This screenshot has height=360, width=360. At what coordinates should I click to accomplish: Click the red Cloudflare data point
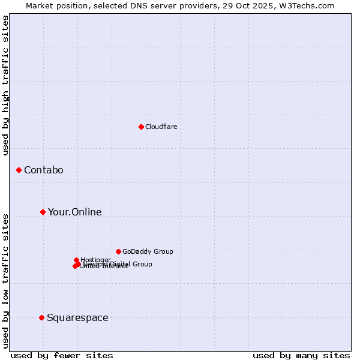(x=141, y=127)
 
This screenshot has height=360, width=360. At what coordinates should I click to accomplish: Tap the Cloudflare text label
(x=161, y=127)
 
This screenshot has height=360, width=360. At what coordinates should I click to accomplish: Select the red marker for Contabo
(x=19, y=170)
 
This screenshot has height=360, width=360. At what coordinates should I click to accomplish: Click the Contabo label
(x=44, y=170)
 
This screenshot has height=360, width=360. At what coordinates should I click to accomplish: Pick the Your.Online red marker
(x=43, y=212)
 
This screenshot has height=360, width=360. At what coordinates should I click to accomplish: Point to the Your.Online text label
(x=75, y=212)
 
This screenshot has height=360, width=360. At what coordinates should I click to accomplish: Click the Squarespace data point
(x=41, y=317)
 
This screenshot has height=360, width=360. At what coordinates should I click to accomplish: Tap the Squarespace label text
(x=77, y=318)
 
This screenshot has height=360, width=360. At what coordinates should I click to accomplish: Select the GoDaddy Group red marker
(x=118, y=251)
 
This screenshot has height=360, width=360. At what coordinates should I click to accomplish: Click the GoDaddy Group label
(x=148, y=251)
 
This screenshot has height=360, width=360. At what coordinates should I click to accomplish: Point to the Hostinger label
(x=95, y=260)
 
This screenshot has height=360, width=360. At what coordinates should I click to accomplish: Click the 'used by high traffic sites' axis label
(x=6, y=85)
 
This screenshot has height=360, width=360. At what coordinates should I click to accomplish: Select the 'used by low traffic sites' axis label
(x=6, y=281)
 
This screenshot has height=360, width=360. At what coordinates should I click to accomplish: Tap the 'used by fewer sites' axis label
(x=62, y=355)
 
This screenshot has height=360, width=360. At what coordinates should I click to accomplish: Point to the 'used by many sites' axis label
(x=301, y=355)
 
